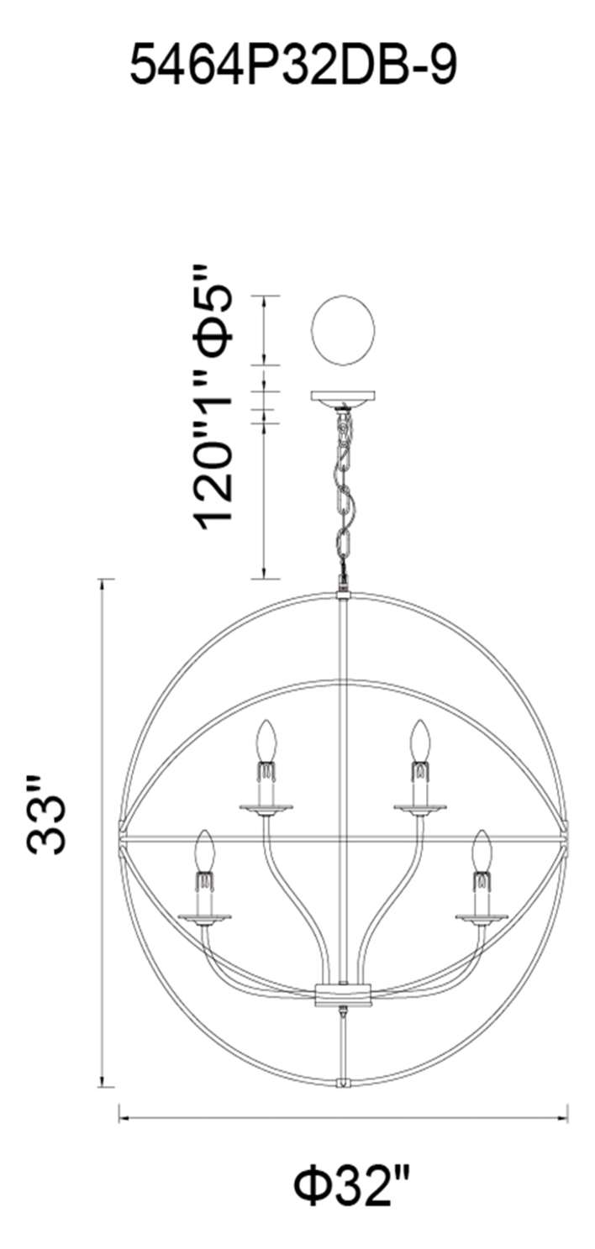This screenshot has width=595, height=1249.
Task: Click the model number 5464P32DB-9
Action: coord(292,66)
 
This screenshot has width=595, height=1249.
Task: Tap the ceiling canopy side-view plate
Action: coord(342,398)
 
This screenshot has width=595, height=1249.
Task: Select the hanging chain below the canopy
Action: coord(342,493)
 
